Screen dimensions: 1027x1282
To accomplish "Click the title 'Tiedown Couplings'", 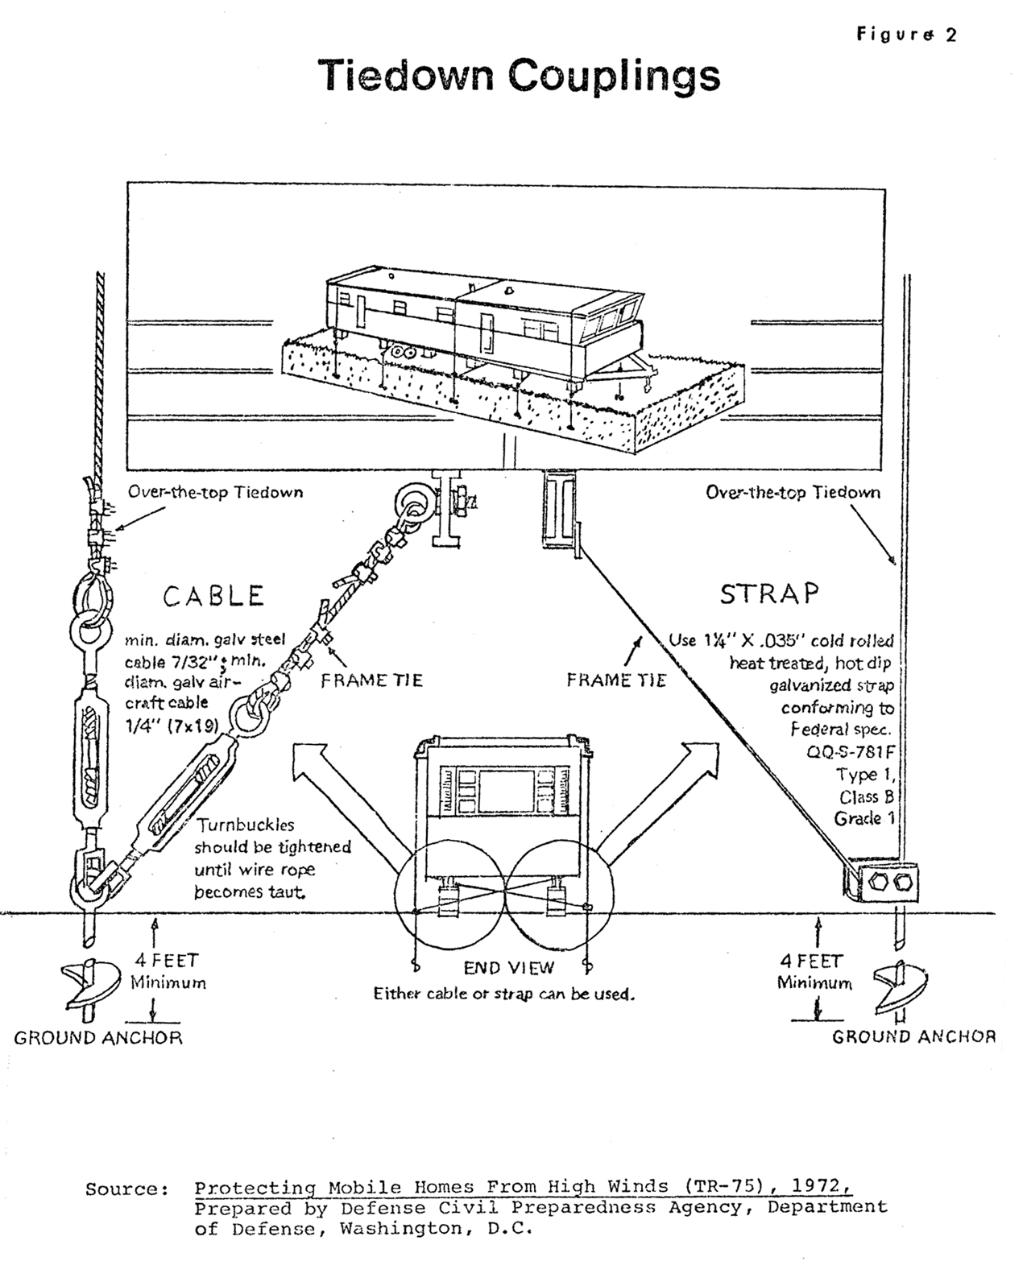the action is pos(519,77).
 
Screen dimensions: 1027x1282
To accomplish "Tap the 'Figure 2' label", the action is pos(906,35).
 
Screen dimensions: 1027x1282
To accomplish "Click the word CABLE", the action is pos(214,597).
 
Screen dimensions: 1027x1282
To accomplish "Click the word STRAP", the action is pos(769,593).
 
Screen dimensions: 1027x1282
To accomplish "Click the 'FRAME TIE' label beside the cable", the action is pos(372,680).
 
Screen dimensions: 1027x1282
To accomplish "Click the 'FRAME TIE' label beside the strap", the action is pos(616,680).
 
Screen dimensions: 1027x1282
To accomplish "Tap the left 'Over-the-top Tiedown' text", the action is pos(216,492).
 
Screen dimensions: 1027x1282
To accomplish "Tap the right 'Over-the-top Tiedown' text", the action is pos(793,492).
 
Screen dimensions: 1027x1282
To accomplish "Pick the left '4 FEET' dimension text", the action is pos(166,961).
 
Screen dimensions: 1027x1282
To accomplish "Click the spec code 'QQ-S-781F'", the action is pos(851,752).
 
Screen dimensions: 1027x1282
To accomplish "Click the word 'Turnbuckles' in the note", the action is pos(246,825).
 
